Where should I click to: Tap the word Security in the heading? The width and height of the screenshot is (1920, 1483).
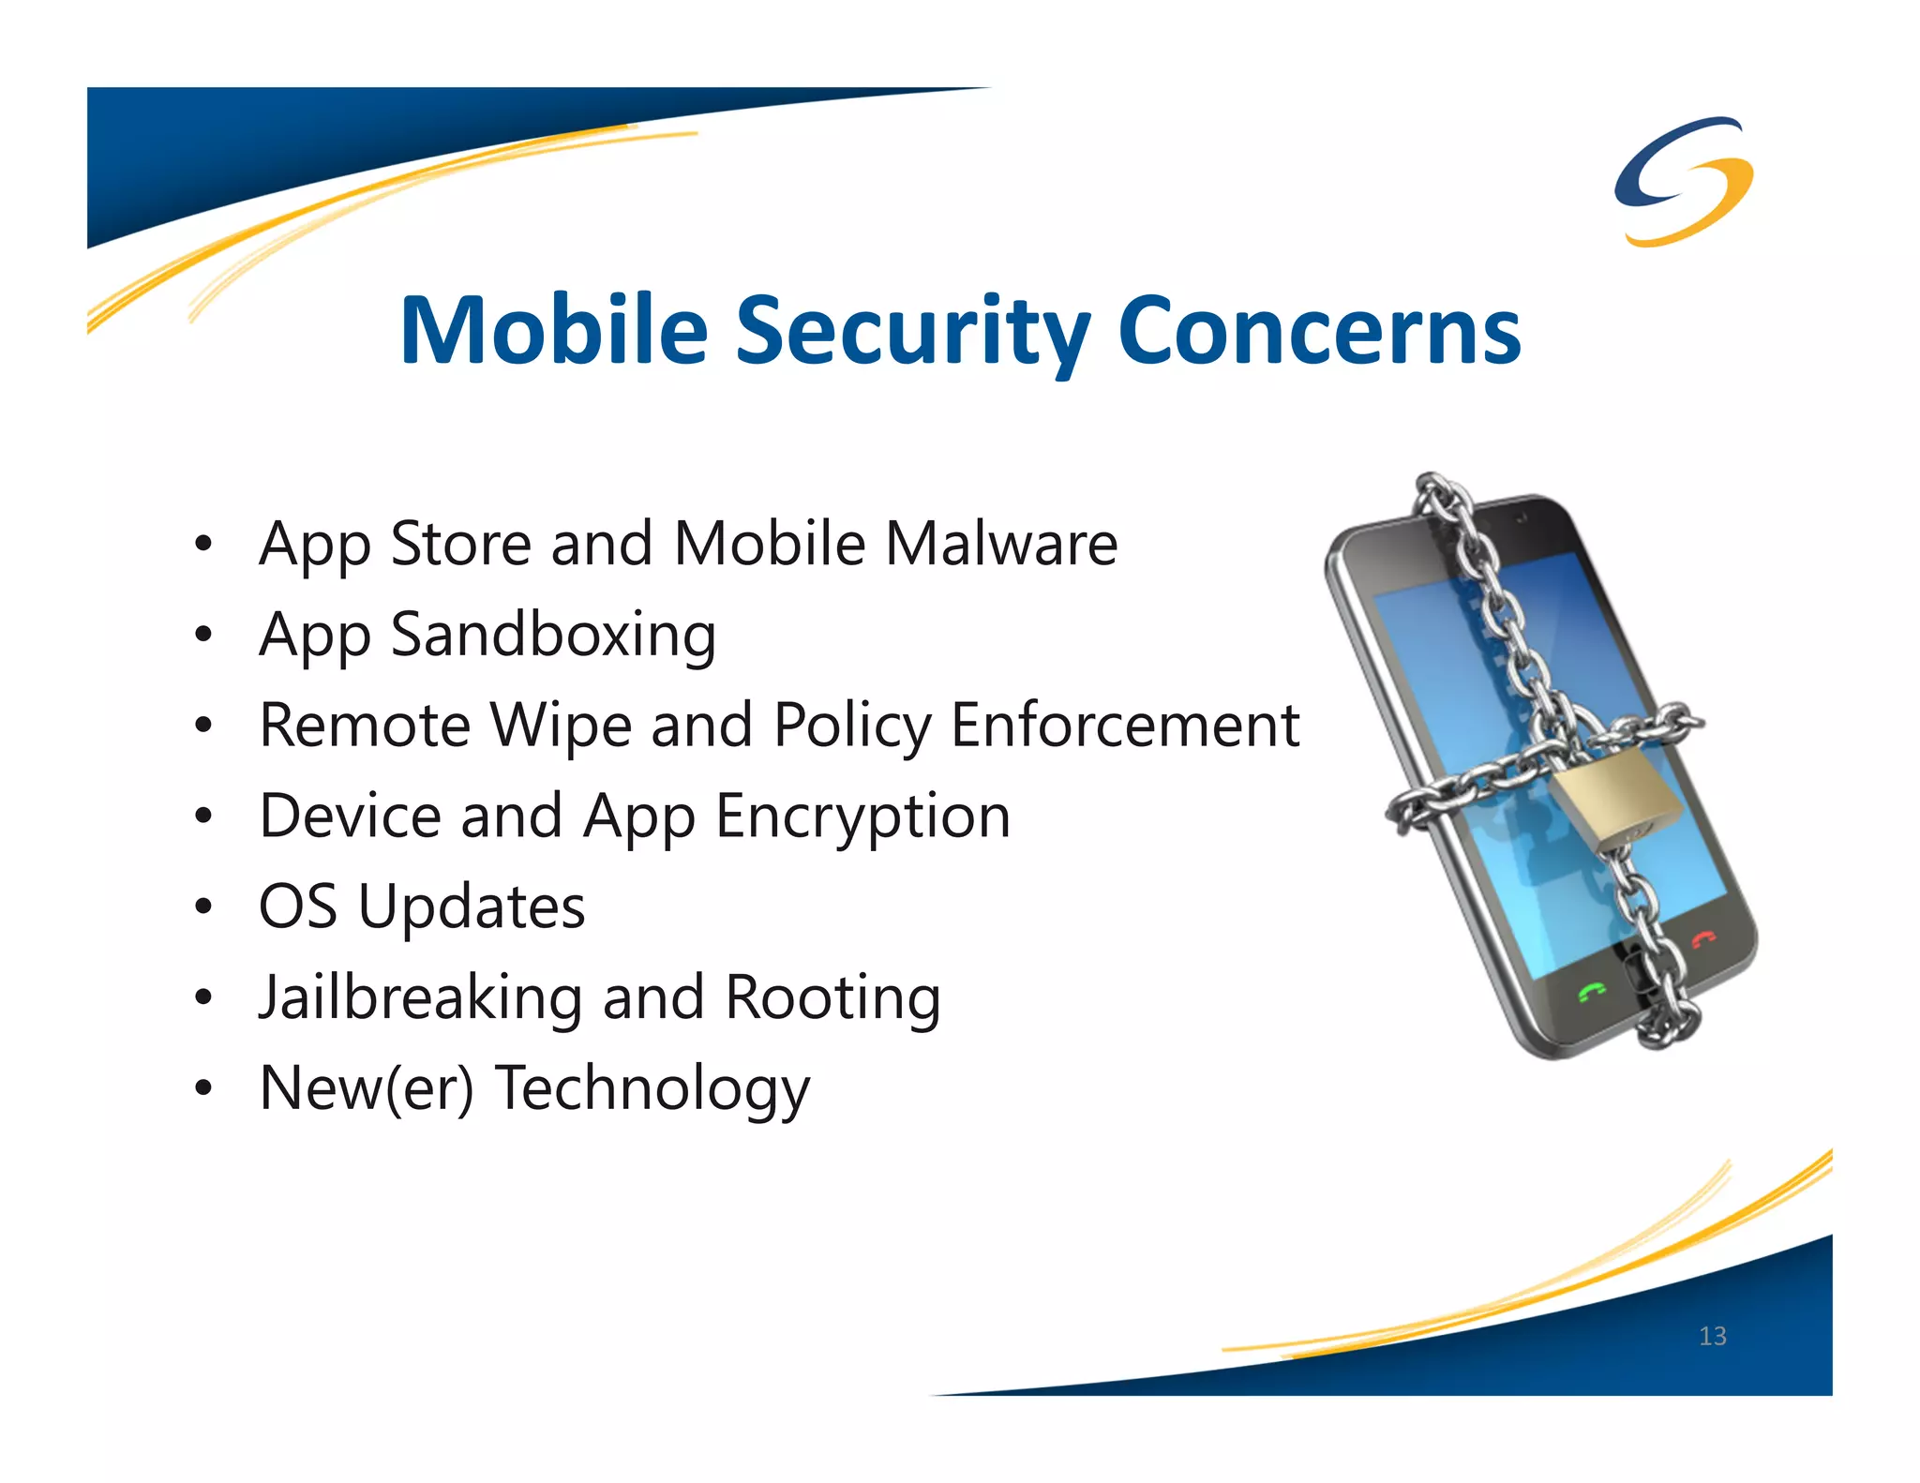point(913,333)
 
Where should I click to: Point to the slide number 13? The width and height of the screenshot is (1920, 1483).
point(1712,1336)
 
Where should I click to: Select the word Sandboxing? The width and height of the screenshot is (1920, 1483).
point(553,637)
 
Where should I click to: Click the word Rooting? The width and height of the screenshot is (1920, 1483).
point(832,997)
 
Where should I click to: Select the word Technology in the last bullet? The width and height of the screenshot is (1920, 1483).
point(652,1089)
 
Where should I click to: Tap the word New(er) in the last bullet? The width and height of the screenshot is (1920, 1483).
point(367,1089)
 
